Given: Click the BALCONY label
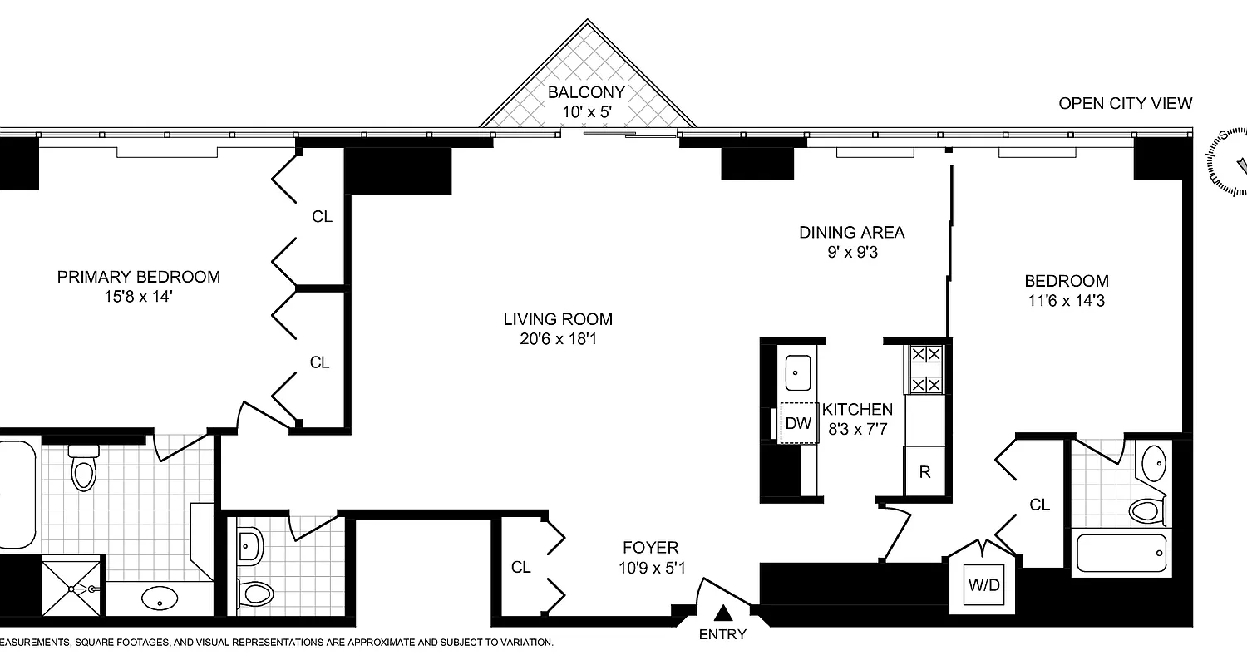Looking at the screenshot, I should pyautogui.click(x=585, y=92).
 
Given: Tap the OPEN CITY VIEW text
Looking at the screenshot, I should pyautogui.click(x=1125, y=103).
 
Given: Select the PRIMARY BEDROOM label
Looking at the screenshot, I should pyautogui.click(x=139, y=277).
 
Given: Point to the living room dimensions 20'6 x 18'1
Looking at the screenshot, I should pyautogui.click(x=557, y=338).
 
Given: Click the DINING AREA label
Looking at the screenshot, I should pyautogui.click(x=851, y=233).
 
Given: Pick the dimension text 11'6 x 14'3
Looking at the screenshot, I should pyautogui.click(x=1066, y=300).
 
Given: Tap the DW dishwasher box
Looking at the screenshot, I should pyautogui.click(x=798, y=423).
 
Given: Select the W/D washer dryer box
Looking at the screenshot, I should pyautogui.click(x=983, y=584).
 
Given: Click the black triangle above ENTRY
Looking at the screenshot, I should pyautogui.click(x=724, y=613).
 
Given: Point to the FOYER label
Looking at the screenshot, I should pyautogui.click(x=651, y=548).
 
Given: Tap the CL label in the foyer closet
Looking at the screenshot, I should pyautogui.click(x=520, y=568).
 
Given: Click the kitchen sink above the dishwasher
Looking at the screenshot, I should pyautogui.click(x=799, y=372).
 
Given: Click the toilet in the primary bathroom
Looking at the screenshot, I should pyautogui.click(x=84, y=470).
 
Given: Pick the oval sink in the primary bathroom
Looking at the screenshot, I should pyautogui.click(x=158, y=598).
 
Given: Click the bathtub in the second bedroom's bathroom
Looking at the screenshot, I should pyautogui.click(x=1121, y=553).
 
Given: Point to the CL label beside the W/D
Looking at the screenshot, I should pyautogui.click(x=1039, y=505).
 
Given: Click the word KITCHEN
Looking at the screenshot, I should pyautogui.click(x=857, y=409).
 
